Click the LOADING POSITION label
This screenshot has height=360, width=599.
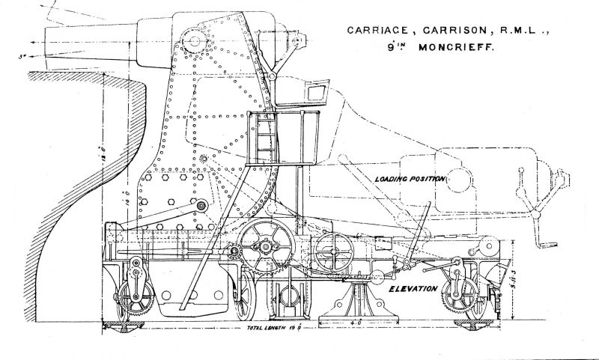[411, 179]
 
